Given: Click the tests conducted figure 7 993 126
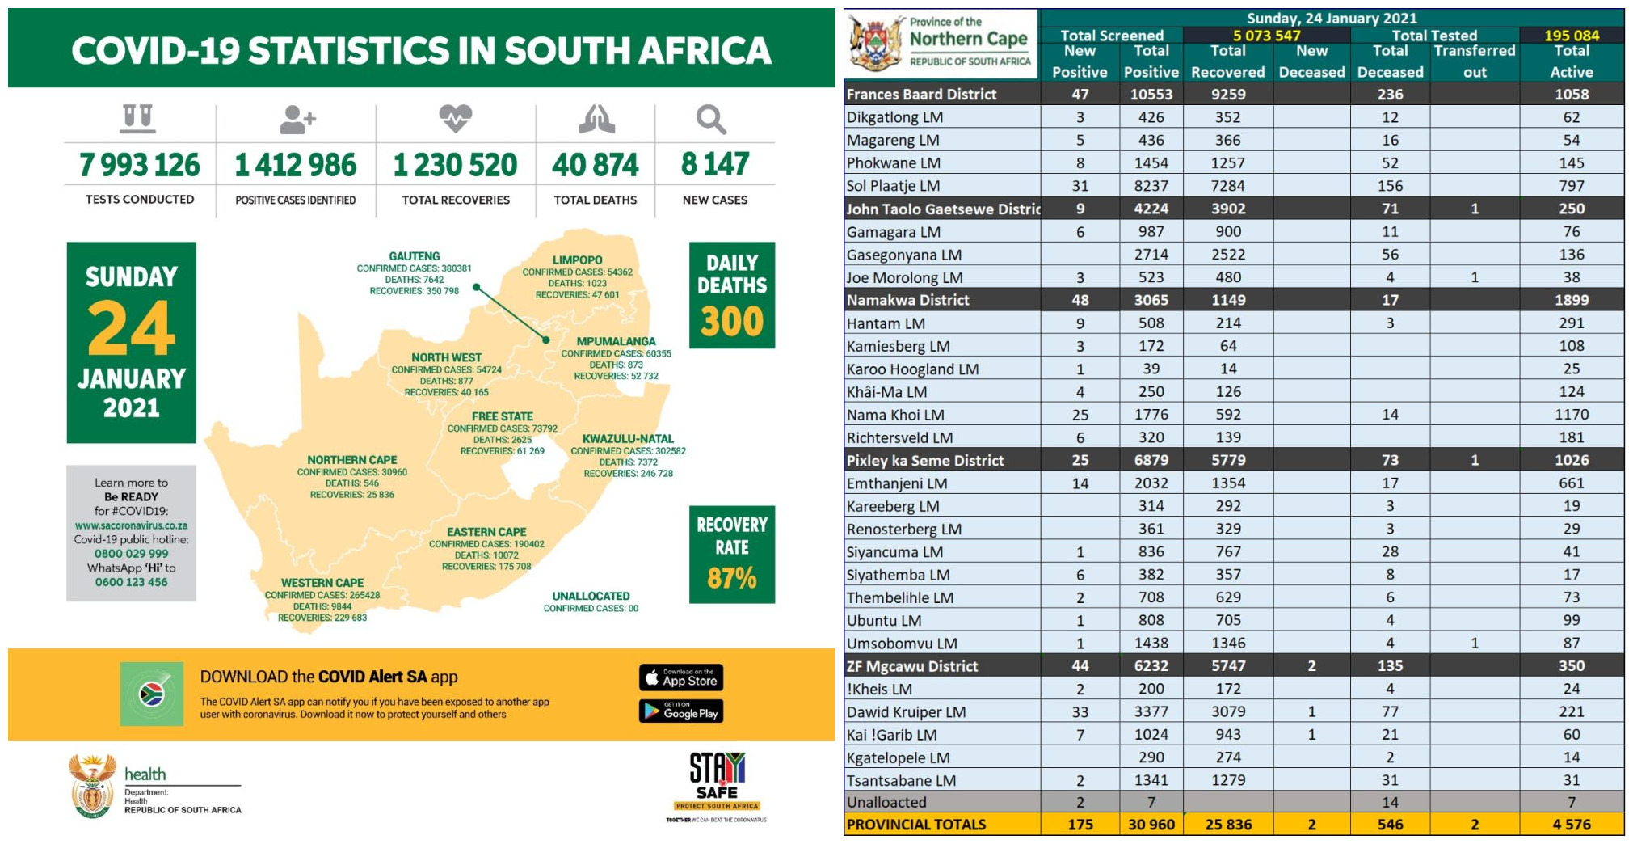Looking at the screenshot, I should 139,165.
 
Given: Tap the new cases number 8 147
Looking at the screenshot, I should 715,164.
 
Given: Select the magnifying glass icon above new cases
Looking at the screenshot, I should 711,120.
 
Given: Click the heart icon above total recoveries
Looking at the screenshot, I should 455,118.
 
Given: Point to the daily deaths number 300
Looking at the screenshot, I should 731,322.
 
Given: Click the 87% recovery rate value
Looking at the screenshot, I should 731,578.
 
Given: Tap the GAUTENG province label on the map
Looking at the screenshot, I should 415,256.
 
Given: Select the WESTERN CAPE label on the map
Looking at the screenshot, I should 322,583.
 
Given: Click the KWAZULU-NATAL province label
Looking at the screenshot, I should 628,439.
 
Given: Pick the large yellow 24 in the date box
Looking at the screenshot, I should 131,328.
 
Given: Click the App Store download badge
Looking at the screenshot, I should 681,677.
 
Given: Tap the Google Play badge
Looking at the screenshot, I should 681,711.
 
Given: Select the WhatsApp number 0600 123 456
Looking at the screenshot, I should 131,582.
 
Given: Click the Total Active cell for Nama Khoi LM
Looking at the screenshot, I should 1571,415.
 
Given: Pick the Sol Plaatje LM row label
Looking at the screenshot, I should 893,186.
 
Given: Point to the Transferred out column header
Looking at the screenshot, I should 1474,61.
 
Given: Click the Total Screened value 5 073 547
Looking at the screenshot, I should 1266,36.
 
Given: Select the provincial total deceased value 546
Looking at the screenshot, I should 1390,825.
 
